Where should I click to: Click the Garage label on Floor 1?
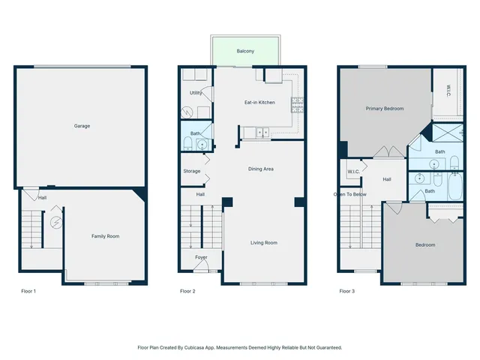pos(82,126)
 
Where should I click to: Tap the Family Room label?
pos(105,236)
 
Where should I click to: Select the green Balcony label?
pos(245,51)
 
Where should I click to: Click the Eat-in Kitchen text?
pos(259,102)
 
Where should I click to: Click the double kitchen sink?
pos(262,133)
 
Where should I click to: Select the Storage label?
pos(192,172)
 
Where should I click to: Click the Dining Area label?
pos(261,169)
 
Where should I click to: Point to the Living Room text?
pos(264,242)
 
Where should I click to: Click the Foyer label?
pos(201,257)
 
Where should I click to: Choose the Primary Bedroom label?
pos(385,109)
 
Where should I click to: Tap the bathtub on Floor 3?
pos(456,186)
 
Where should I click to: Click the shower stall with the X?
pos(443,135)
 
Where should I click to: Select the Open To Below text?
pos(350,194)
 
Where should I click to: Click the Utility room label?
pos(196,93)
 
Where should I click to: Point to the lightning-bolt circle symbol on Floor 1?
pos(55,223)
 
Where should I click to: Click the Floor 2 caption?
pos(187,291)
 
